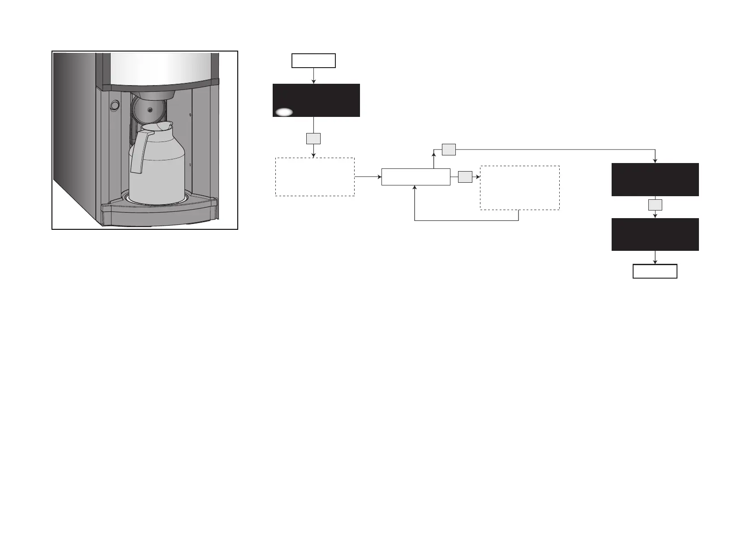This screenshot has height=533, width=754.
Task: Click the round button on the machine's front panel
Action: (x=115, y=105)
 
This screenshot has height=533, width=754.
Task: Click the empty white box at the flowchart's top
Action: (x=313, y=60)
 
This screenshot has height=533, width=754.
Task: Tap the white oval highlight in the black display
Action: (x=284, y=112)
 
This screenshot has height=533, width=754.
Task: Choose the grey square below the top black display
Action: (x=313, y=138)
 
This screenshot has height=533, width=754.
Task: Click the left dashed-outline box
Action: (x=315, y=176)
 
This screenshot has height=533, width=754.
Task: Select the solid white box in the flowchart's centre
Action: (x=416, y=177)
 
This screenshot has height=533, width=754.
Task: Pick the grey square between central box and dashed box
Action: (x=465, y=177)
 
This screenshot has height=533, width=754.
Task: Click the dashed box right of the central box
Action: (x=519, y=188)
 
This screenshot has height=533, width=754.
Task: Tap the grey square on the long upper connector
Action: (x=449, y=150)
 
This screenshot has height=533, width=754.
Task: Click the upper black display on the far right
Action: (x=655, y=179)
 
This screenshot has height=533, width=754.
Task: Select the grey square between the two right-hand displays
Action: (x=655, y=205)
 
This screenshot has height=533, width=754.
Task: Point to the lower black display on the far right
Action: (x=655, y=234)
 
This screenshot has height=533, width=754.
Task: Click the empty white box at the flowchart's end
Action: (x=655, y=271)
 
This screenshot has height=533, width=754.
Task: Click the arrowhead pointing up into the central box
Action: (x=415, y=188)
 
